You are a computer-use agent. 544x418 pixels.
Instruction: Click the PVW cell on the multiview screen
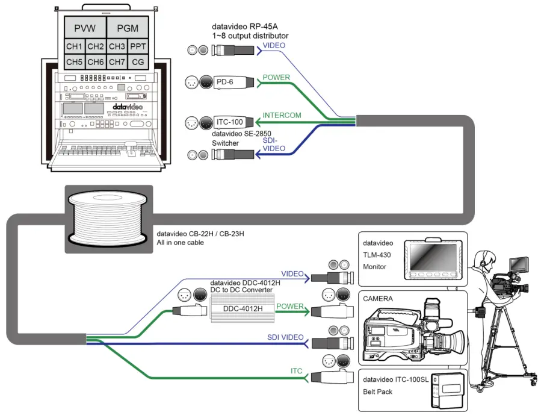pyautogui.click(x=85, y=28)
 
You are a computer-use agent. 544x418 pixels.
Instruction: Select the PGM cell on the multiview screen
pyautogui.click(x=127, y=28)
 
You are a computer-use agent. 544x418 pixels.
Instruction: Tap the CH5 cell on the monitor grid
pyautogui.click(x=74, y=61)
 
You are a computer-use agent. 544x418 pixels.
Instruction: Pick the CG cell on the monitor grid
pyautogui.click(x=137, y=61)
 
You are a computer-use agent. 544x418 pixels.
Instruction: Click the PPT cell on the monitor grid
pyautogui.click(x=137, y=46)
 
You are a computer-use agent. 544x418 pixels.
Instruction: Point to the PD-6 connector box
pyautogui.click(x=227, y=81)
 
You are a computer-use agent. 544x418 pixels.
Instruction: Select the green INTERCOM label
pyautogui.click(x=282, y=115)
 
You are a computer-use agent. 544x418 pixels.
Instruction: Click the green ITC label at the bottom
pyautogui.click(x=295, y=370)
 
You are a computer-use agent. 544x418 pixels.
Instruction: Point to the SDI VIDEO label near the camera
pyautogui.click(x=285, y=337)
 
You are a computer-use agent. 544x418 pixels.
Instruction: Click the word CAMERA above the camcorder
pyautogui.click(x=378, y=298)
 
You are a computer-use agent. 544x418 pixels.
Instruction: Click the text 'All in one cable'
pyautogui.click(x=180, y=243)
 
